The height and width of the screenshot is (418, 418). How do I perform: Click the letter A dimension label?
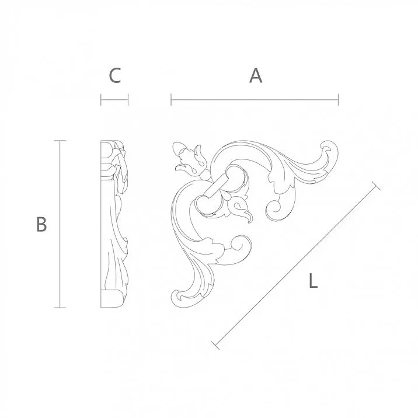pyautogui.click(x=255, y=75)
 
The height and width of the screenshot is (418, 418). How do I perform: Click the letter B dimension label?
pyautogui.click(x=41, y=224)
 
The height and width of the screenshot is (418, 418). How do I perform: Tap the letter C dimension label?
pyautogui.click(x=115, y=75)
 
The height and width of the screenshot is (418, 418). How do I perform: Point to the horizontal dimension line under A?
pyautogui.click(x=255, y=100)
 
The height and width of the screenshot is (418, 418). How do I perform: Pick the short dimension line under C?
pyautogui.click(x=114, y=100)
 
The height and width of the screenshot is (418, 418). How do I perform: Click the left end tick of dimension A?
pyautogui.click(x=171, y=100)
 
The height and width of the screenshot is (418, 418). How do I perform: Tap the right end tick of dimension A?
pyautogui.click(x=338, y=100)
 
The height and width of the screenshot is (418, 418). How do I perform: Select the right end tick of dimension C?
pyautogui.click(x=128, y=100)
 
